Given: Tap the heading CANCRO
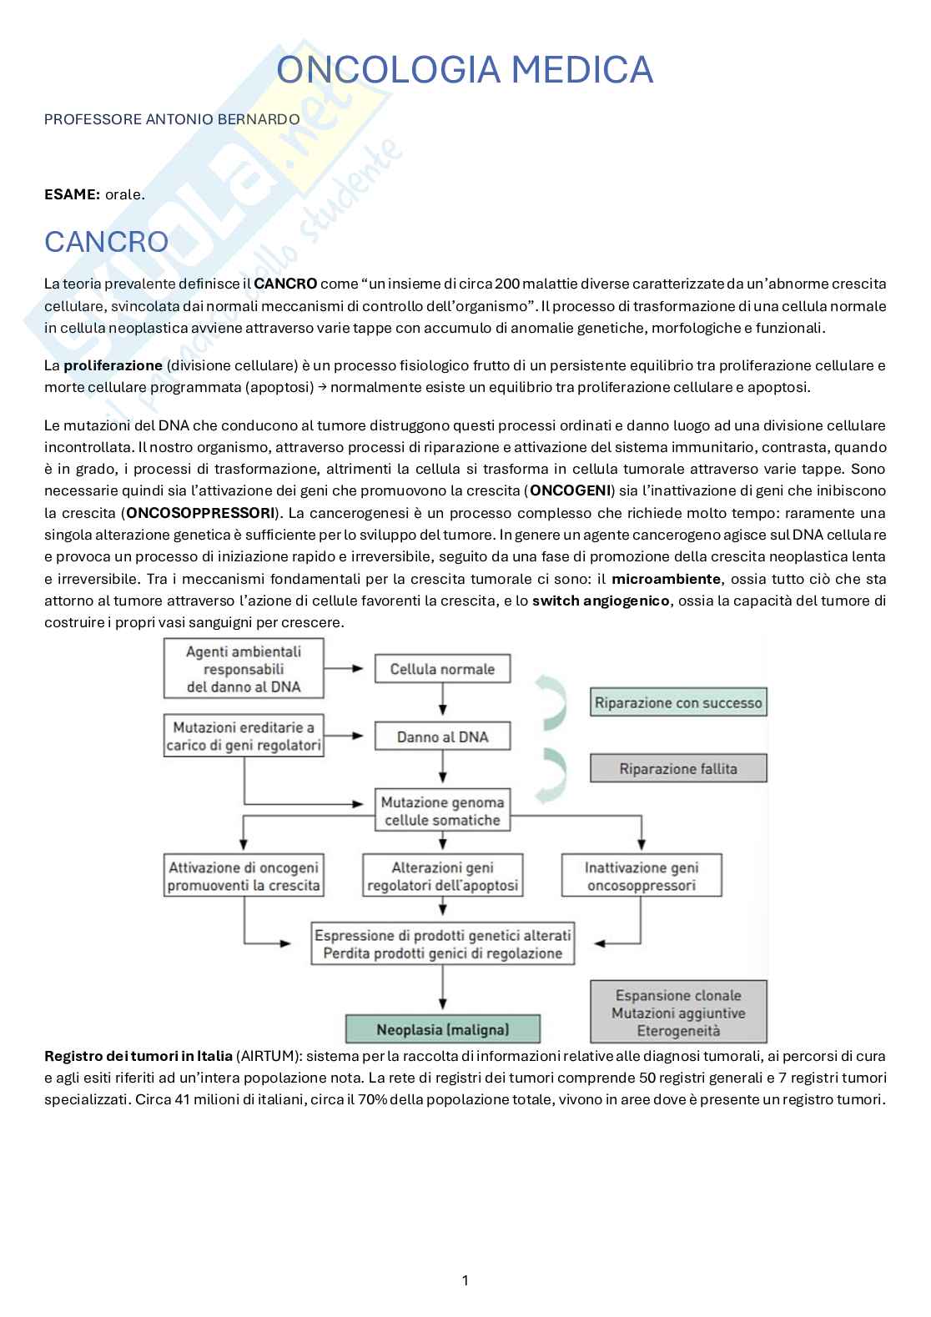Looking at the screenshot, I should click(x=106, y=242).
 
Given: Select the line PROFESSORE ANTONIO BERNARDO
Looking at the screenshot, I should click(x=171, y=119).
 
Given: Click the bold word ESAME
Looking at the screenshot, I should click(x=72, y=194).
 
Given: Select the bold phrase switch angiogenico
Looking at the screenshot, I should click(x=600, y=601).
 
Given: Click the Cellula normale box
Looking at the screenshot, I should click(x=442, y=669).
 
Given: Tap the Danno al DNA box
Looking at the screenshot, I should click(x=442, y=736).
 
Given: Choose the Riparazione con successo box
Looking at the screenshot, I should click(x=677, y=703).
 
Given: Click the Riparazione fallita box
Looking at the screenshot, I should click(x=677, y=768).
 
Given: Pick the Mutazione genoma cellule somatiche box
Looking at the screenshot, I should click(x=442, y=811).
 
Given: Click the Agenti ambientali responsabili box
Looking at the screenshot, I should click(x=244, y=669).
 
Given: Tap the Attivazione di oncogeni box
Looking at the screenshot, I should click(x=244, y=876).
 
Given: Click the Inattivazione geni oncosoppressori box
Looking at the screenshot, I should click(x=641, y=876).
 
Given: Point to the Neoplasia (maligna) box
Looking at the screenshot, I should click(x=442, y=1029).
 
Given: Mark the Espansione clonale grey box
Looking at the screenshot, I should click(x=677, y=1013).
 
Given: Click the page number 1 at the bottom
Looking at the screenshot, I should click(x=465, y=1280).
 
